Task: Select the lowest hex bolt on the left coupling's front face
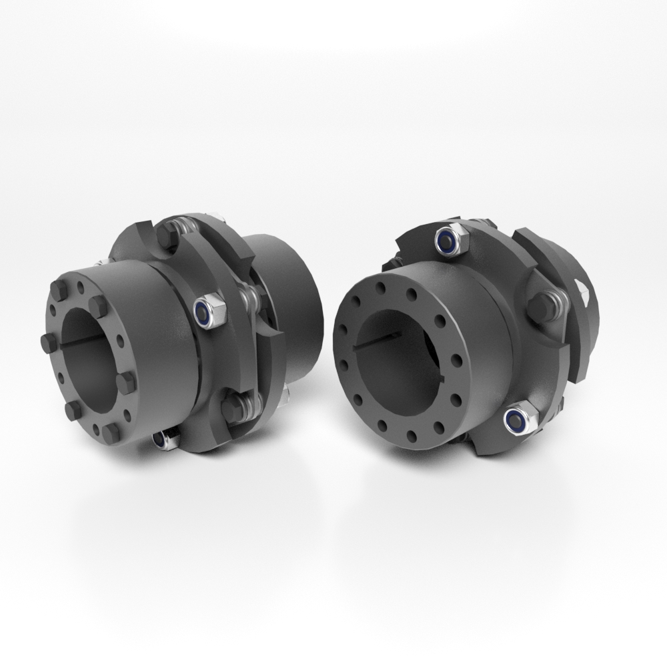tap(111, 433)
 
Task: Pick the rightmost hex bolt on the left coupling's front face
tap(125, 382)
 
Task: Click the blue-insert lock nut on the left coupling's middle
tap(208, 311)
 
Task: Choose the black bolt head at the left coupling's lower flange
tap(233, 408)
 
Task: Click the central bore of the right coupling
tap(400, 354)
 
